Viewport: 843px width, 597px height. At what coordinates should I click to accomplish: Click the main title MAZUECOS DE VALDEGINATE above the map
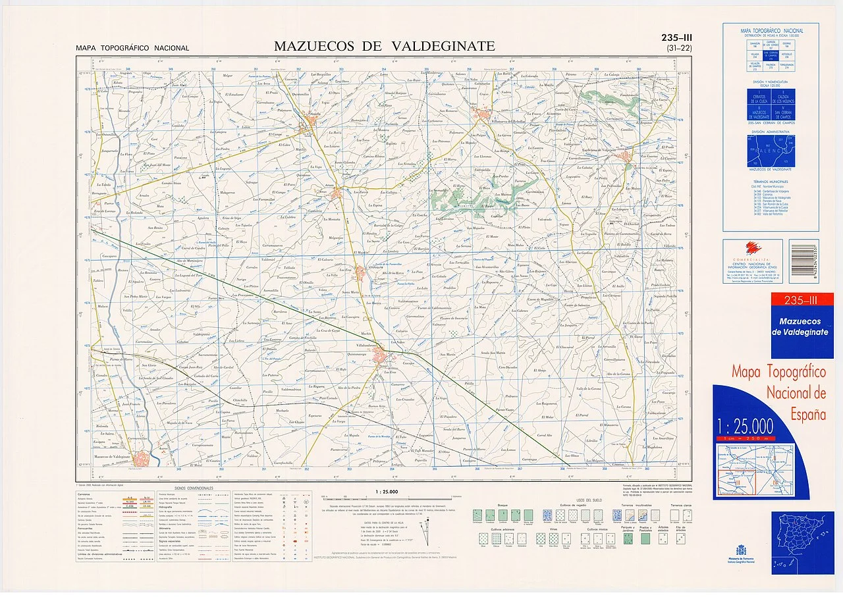384,46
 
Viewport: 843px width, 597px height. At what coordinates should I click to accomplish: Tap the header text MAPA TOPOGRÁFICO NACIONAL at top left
132,48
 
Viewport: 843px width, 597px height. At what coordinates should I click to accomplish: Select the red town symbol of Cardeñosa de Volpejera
622,157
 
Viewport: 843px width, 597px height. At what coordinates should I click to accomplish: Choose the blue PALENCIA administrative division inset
771,152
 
